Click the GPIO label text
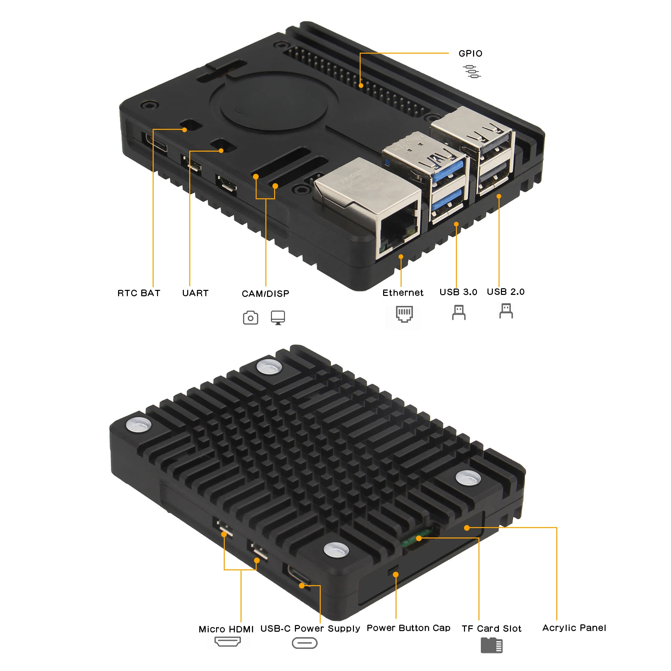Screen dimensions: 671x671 [x=470, y=53]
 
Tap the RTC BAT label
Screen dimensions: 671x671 [x=139, y=293]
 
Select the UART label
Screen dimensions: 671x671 [x=195, y=293]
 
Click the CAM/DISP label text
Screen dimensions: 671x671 [x=265, y=294]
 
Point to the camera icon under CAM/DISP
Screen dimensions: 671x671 [x=250, y=317]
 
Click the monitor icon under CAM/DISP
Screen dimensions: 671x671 [x=278, y=317]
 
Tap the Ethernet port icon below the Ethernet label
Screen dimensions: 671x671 [x=404, y=314]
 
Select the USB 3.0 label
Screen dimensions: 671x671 [x=458, y=292]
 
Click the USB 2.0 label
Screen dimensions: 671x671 [x=505, y=292]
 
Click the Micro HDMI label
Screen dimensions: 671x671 [x=226, y=629]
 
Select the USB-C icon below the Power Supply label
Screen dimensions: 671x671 [x=305, y=643]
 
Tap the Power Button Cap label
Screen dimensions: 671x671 [x=408, y=628]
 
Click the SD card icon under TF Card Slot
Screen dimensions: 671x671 [x=492, y=645]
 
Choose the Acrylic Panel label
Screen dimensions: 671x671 [x=574, y=628]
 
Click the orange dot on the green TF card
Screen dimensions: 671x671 [x=419, y=538]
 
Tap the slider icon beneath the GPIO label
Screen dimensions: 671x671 [x=472, y=71]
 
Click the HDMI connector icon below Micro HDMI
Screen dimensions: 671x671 [x=227, y=641]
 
